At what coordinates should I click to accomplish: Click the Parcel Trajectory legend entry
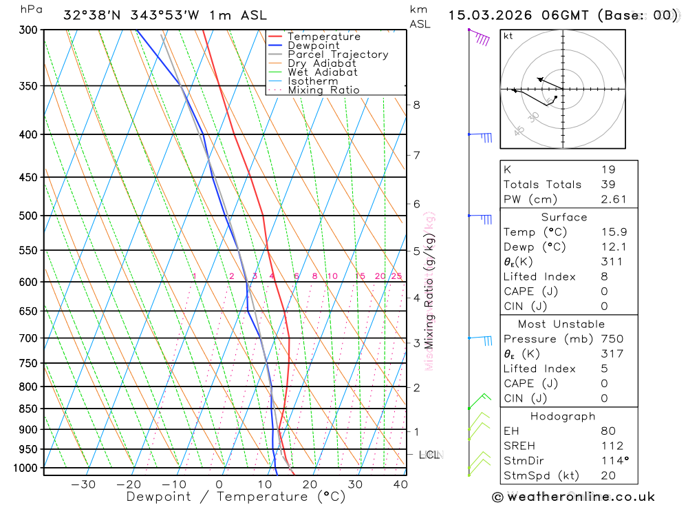[338, 54]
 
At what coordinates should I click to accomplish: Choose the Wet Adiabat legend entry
[323, 72]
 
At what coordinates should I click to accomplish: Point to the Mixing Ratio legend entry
[323, 90]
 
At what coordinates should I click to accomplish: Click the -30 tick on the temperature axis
[83, 484]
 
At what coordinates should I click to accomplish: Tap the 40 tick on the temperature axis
[399, 484]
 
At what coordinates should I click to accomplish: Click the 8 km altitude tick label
[416, 105]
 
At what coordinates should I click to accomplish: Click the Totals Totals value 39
[607, 184]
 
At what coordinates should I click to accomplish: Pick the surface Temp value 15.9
[610, 232]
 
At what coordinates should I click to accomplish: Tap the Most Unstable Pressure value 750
[611, 339]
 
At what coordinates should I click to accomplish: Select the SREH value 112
[611, 446]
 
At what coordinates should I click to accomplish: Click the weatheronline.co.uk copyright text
[573, 497]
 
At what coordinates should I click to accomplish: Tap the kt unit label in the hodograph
[508, 36]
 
